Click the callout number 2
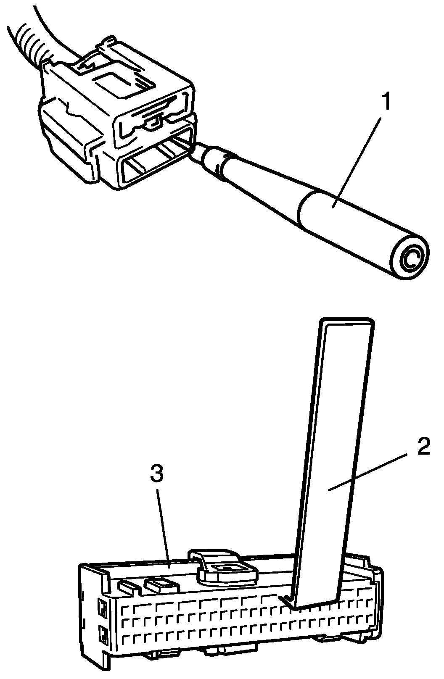(423, 448)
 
